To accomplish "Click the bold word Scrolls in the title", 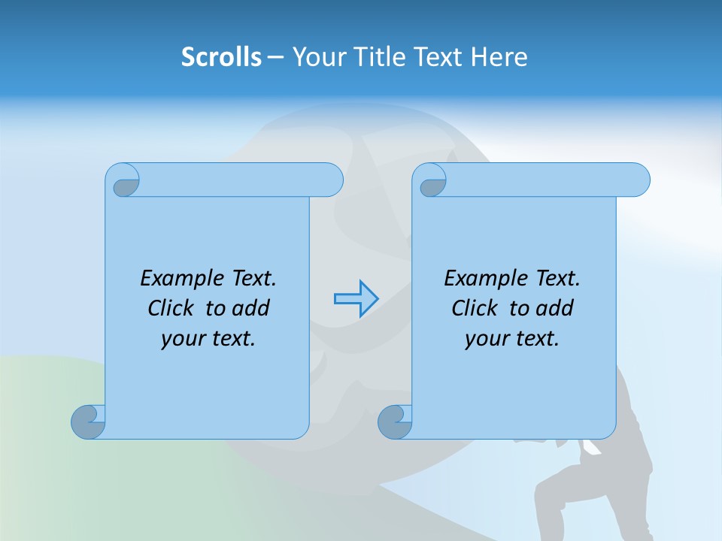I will [x=221, y=57].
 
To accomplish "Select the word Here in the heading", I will [x=499, y=57].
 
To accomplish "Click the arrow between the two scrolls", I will [x=356, y=299].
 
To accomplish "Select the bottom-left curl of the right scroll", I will [x=395, y=421].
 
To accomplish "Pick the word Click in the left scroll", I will [x=172, y=308].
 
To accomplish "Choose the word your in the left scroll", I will [x=183, y=339].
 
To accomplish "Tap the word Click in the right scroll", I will [x=475, y=308].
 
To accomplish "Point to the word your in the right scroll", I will [x=487, y=339].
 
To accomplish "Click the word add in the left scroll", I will [x=252, y=308].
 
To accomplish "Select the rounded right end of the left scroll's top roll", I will [x=331, y=180].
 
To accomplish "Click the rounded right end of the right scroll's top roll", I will [x=638, y=180].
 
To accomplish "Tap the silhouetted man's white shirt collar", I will [x=591, y=449].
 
